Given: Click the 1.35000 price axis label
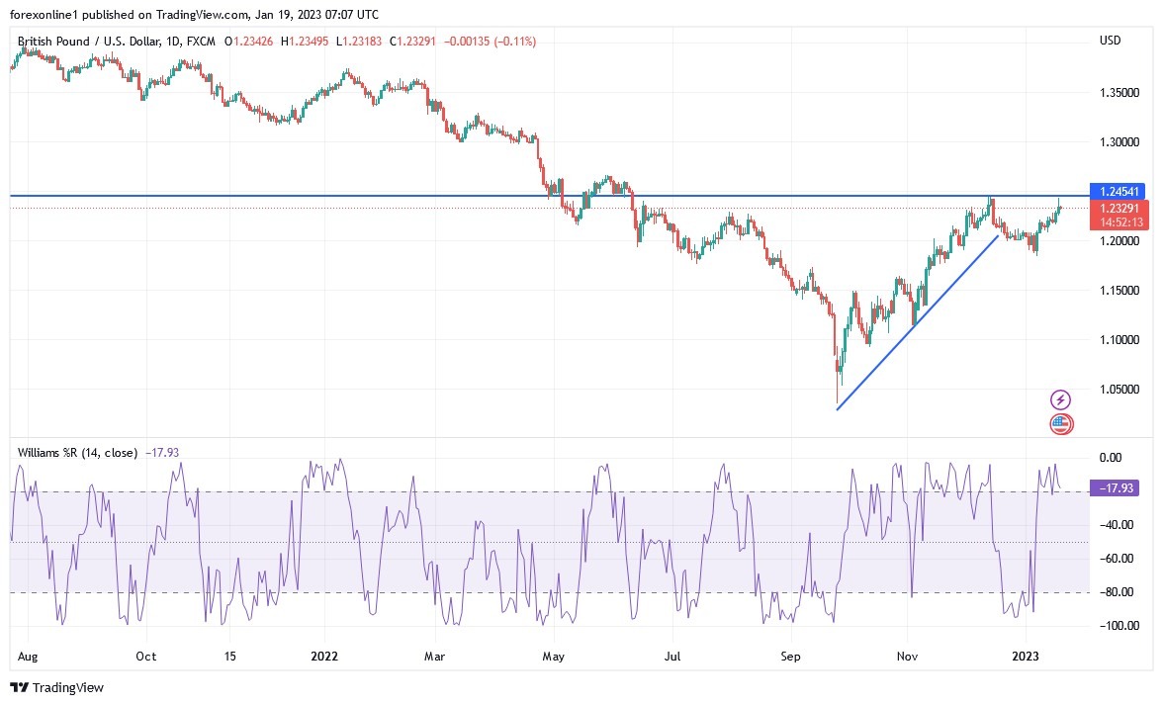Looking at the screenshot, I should (x=1119, y=93).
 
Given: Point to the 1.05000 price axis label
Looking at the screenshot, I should (x=1119, y=390).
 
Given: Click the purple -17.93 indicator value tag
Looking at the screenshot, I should (x=1118, y=487).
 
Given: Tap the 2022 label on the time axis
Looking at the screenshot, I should (x=323, y=656).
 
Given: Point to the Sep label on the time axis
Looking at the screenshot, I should (x=788, y=656).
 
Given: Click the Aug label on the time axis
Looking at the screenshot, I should (x=28, y=656).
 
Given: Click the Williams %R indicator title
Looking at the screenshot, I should (x=78, y=453).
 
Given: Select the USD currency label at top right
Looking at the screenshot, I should (x=1110, y=40).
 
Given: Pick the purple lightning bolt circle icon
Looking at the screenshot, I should (x=1060, y=399).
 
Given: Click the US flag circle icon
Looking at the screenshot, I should (x=1060, y=424).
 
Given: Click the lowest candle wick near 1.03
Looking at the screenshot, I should (x=837, y=396).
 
